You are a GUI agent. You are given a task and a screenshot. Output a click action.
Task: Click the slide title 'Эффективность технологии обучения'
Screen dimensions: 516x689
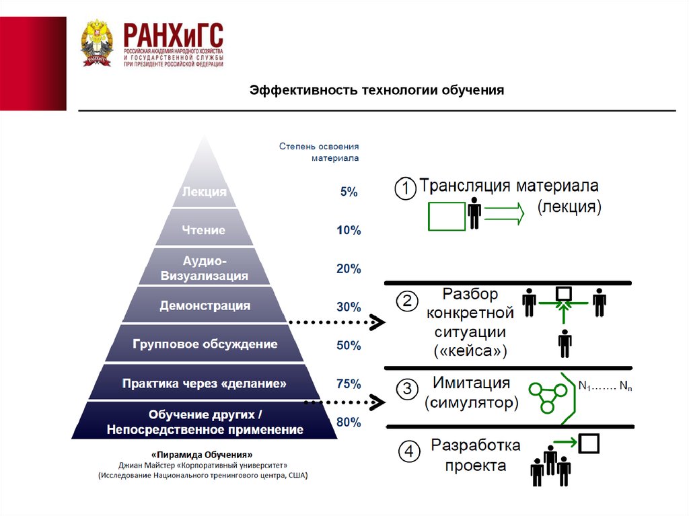pos(377,90)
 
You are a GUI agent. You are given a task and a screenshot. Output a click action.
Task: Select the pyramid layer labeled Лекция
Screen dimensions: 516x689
pos(204,192)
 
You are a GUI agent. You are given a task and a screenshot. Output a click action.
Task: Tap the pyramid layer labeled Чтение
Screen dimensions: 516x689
pos(204,230)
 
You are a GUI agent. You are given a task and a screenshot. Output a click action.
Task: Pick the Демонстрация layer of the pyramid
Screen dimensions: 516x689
pos(205,306)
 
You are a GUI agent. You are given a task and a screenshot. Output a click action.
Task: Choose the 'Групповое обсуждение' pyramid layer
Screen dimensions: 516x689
pos(205,344)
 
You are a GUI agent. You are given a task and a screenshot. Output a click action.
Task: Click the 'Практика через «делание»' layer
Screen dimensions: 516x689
pos(205,383)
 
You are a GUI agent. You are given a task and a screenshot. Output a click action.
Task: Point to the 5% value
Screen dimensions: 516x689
pos(349,192)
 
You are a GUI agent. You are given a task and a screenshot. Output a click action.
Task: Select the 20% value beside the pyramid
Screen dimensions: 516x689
pos(349,269)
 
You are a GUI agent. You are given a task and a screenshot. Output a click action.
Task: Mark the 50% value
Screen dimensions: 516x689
pos(349,346)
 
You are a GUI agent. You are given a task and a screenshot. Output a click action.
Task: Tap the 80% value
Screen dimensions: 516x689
pos(349,423)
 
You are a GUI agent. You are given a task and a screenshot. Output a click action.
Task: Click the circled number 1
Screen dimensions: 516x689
pos(405,189)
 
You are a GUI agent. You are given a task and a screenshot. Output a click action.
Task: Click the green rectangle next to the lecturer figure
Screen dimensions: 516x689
pos(446,215)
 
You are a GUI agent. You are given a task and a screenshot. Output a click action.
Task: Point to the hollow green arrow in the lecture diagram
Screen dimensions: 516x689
pos(503,215)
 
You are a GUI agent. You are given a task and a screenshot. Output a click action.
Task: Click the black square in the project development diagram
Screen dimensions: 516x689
pos(589,443)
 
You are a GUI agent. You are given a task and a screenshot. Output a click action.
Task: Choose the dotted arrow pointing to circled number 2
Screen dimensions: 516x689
pos(336,323)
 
